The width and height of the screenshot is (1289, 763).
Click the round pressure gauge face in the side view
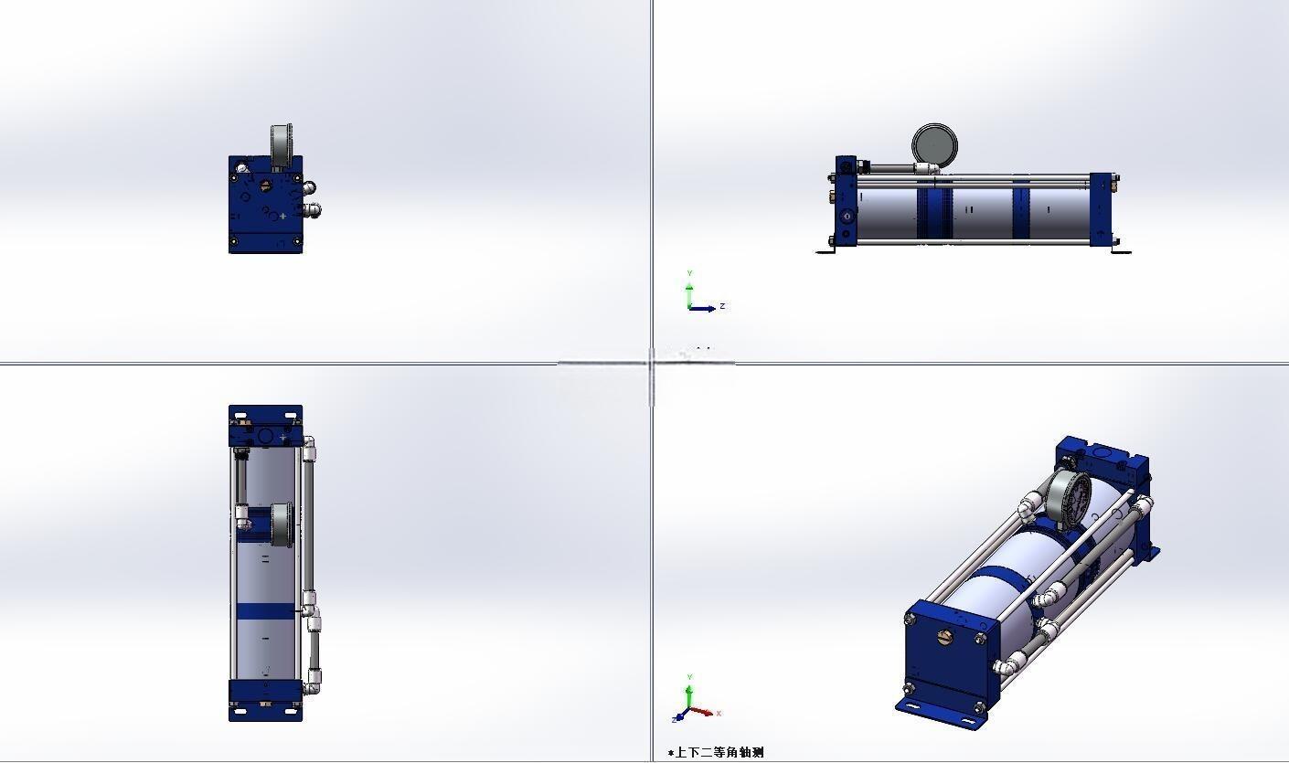pos(935,145)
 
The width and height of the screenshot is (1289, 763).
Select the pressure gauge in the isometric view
pos(1068,496)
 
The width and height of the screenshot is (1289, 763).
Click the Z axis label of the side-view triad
pos(722,306)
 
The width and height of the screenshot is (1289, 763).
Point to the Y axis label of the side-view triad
pos(689,274)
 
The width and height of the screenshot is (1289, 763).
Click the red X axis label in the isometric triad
pos(719,714)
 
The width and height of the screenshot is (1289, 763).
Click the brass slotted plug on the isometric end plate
pos(944,636)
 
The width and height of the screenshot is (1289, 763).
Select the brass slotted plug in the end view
pos(266,185)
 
